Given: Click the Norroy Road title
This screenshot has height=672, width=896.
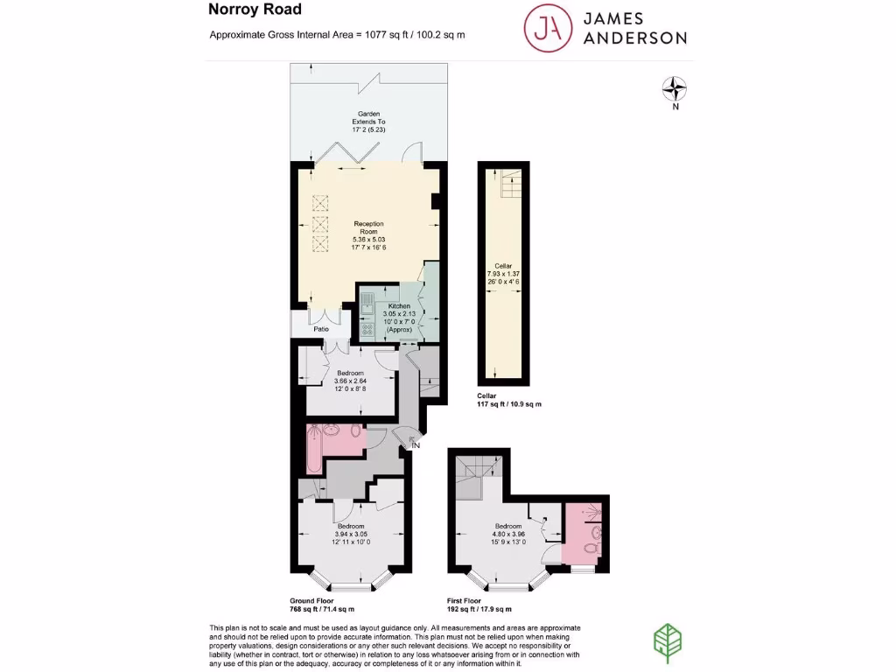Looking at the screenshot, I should [x=255, y=10].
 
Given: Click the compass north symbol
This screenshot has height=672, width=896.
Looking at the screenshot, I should [x=675, y=88].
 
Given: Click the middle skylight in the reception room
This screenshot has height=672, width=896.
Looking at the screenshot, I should [x=319, y=224].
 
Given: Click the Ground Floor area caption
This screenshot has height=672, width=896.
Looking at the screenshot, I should [x=321, y=604].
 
